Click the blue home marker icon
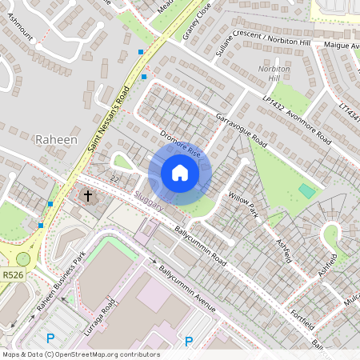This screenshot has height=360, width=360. tap(180, 173)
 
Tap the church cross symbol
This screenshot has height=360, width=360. tap(87, 195)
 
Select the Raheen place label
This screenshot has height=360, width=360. tap(57, 139)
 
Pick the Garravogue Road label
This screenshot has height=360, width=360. tap(239, 128)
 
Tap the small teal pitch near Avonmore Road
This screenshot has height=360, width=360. tap(306, 191)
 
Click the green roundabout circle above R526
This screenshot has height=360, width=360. tap(22, 259)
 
